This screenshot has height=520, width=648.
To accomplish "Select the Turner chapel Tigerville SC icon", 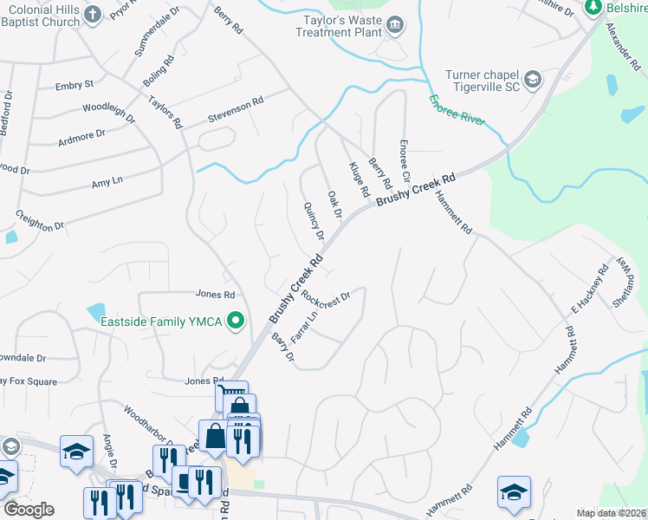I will click(x=532, y=81).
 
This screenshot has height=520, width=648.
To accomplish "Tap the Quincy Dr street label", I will click(x=314, y=221).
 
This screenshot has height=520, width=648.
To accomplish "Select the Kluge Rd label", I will click(x=360, y=178).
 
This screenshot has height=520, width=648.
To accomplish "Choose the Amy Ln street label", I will click(x=107, y=180).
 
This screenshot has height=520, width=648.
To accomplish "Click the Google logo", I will click(x=29, y=510).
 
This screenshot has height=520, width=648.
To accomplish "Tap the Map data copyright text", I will click(x=611, y=513).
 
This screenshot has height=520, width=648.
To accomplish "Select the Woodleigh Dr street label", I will click(x=108, y=114).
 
